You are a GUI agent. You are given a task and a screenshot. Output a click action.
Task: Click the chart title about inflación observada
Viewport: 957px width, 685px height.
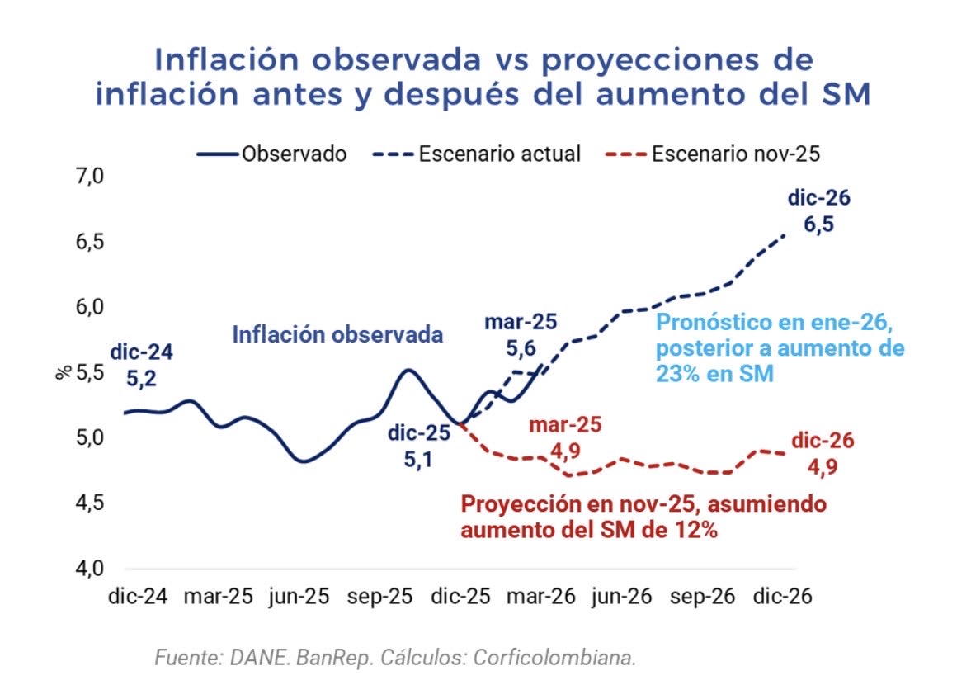tap(483, 77)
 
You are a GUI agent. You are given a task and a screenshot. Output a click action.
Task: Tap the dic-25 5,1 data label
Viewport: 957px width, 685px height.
tap(422, 442)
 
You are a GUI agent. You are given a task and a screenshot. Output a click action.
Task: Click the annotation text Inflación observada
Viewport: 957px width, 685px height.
tap(337, 334)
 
